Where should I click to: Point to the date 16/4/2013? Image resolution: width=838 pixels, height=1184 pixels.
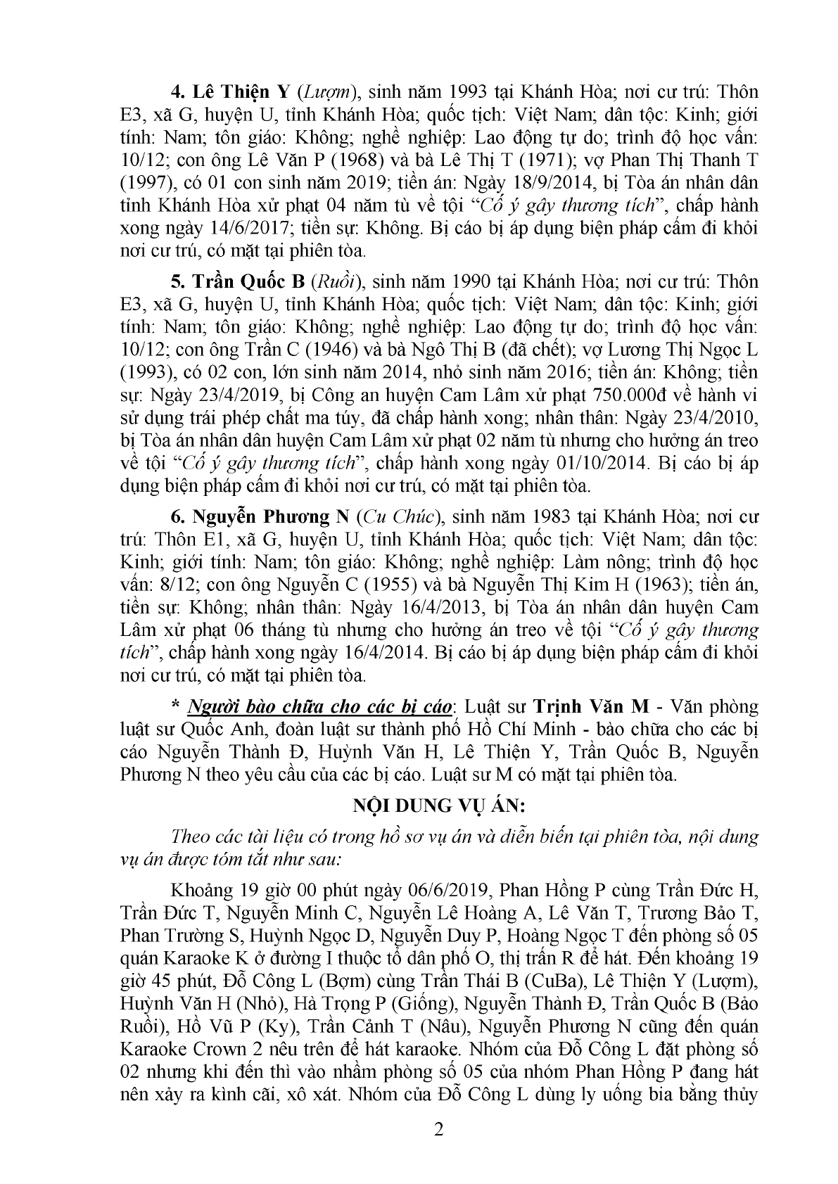click(382, 608)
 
